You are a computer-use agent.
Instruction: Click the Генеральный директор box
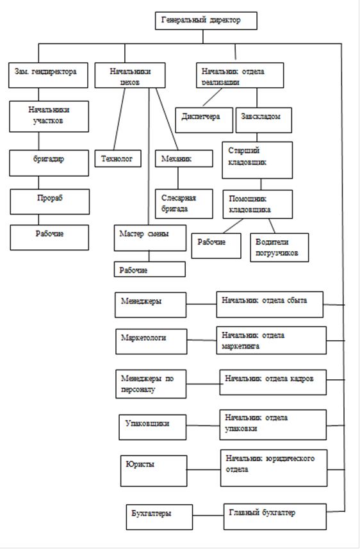206,21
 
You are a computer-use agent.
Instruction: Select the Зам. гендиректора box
48,76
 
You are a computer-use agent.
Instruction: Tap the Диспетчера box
204,120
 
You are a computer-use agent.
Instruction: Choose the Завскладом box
264,120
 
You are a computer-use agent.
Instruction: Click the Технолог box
119,159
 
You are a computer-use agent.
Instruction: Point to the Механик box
184,159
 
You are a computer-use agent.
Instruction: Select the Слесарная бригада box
184,204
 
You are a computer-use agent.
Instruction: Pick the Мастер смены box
150,238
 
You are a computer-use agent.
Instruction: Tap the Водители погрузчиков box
279,247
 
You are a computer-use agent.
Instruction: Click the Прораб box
50,202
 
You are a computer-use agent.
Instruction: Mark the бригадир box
49,163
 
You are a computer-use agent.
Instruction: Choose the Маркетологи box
151,341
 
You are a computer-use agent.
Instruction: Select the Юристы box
154,471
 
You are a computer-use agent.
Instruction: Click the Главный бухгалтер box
275,517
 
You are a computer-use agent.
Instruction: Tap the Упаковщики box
152,427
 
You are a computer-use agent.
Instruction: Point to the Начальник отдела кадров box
273,382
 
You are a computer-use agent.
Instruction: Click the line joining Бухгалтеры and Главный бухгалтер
208,516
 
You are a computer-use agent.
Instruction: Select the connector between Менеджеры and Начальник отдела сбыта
201,304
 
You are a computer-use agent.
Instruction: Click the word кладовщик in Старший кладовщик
248,162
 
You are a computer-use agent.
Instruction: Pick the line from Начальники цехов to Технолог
119,119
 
